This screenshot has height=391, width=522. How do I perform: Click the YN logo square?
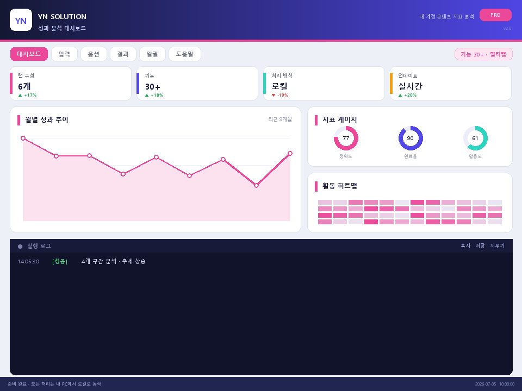21,20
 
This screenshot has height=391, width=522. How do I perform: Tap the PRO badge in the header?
495,15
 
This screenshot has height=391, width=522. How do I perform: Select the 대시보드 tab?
29,54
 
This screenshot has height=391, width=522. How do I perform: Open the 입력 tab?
64,54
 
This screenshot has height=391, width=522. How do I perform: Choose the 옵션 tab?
94,54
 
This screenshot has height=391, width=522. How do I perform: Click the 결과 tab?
123,54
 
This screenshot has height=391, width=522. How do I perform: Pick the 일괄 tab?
152,54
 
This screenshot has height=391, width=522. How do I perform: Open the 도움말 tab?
185,54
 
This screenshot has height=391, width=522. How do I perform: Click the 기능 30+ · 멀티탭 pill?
483,54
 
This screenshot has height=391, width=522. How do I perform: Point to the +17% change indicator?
27,95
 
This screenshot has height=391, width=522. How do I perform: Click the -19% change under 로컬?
280,95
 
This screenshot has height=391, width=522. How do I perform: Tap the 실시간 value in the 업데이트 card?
410,86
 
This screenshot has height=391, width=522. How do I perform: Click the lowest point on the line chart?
256,186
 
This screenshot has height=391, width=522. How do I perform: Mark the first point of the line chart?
23,138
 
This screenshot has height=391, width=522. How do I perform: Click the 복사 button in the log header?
465,245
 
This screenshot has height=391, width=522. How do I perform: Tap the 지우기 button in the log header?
498,245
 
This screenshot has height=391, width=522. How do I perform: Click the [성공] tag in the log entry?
60,261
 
